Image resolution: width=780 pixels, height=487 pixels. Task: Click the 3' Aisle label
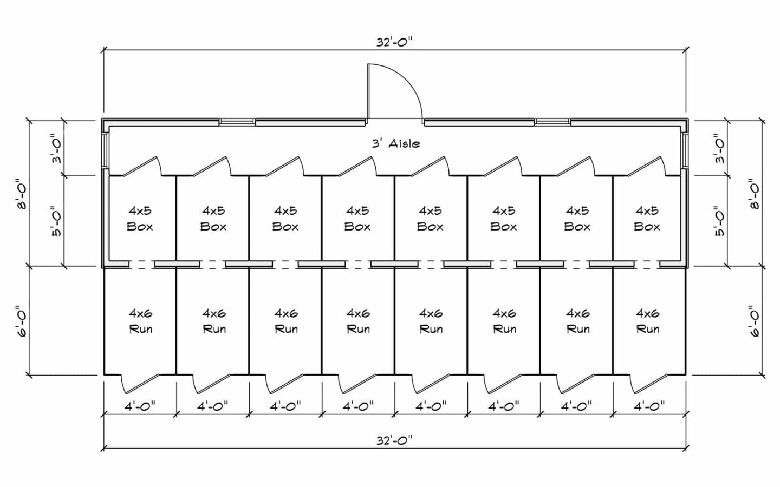(395, 143)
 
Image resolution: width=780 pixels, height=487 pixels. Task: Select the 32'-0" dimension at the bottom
(395, 441)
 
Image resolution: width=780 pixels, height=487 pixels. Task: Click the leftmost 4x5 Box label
(140, 218)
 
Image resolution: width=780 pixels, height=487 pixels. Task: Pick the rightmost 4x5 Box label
(647, 218)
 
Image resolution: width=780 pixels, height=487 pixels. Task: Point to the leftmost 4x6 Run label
(140, 321)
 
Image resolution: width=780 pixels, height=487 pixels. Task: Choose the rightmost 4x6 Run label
(647, 321)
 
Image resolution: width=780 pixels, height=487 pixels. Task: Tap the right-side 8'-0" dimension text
(754, 194)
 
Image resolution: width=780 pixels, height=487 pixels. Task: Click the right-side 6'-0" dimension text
(754, 321)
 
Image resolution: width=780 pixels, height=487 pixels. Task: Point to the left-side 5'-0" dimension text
(56, 221)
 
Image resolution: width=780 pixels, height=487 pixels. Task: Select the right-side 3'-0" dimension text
(719, 148)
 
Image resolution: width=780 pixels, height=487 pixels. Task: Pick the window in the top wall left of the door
(237, 122)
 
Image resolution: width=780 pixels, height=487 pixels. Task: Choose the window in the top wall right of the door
(553, 122)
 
